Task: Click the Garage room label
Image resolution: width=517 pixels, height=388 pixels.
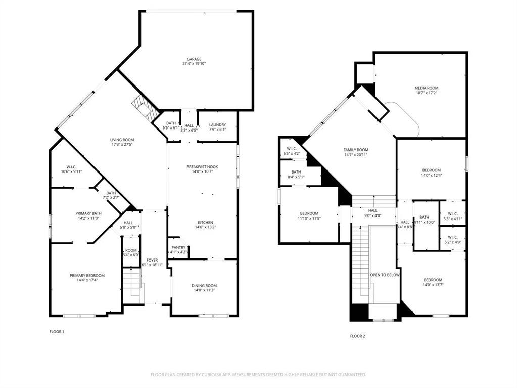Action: [195, 59]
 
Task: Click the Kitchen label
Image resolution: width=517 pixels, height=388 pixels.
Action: [205, 222]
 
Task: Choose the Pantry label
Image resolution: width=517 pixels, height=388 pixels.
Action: [179, 247]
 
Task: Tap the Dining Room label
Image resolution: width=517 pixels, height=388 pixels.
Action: [204, 286]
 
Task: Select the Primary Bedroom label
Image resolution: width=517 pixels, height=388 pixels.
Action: [87, 276]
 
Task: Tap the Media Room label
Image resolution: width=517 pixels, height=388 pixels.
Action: [427, 88]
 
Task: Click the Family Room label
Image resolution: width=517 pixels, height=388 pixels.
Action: [356, 150]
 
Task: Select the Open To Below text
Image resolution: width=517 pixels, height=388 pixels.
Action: [385, 275]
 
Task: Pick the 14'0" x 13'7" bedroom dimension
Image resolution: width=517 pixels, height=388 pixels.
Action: [433, 285]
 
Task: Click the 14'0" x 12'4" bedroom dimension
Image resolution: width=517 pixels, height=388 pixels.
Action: [432, 175]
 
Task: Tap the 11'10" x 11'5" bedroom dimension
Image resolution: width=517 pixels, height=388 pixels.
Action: [309, 218]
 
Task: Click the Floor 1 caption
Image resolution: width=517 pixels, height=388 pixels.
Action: [57, 332]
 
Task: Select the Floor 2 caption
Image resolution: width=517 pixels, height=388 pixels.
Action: [357, 336]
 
